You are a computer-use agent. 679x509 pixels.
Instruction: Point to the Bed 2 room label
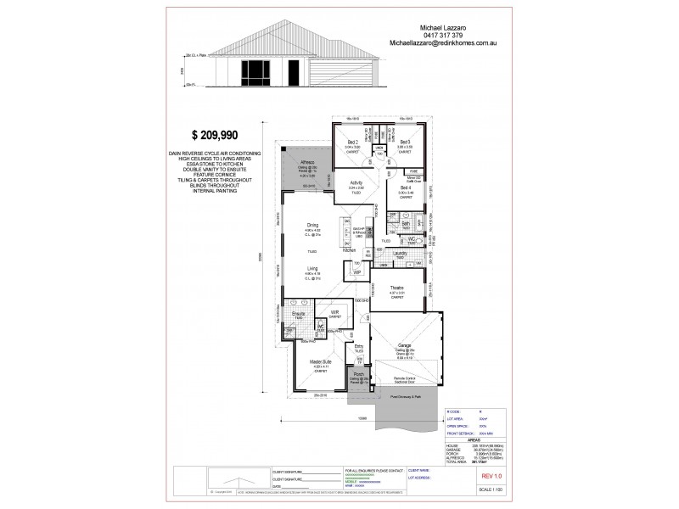[x=354, y=142]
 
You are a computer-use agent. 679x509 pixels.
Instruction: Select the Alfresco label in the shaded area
[x=307, y=161]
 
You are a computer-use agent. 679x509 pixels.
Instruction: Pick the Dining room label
[x=312, y=226]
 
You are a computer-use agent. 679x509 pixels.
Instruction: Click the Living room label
[x=312, y=267]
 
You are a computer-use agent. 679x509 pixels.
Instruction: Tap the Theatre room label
[x=397, y=288]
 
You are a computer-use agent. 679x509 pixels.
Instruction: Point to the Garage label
[x=404, y=345]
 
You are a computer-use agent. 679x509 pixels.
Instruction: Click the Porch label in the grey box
[x=359, y=373]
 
